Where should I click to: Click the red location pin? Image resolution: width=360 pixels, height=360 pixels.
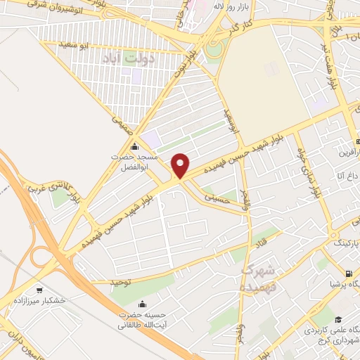tap(181, 165)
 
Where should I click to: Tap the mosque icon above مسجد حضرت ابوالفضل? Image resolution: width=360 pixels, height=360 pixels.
tap(135, 146)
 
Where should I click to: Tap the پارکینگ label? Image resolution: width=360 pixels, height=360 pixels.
tap(344, 243)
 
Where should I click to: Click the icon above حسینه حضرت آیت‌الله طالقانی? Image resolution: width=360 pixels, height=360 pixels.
tap(143, 305)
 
